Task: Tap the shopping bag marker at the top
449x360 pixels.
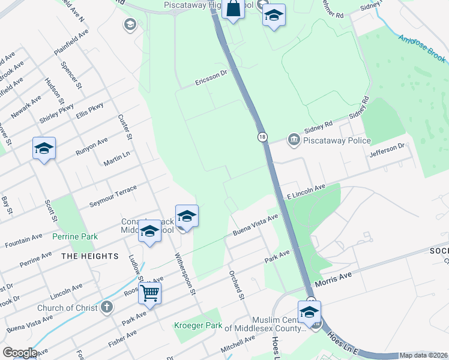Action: pyautogui.click(x=234, y=10)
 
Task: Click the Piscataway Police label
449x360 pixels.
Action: pyautogui.click(x=337, y=140)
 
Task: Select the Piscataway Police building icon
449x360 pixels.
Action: pyautogui.click(x=294, y=140)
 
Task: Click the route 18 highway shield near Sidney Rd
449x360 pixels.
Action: pyautogui.click(x=262, y=137)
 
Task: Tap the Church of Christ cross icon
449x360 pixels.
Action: pyautogui.click(x=106, y=308)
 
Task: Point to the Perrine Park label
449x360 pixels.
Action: pyautogui.click(x=75, y=237)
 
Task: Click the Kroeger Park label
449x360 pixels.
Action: pyautogui.click(x=194, y=325)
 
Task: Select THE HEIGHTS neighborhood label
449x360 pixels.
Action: pyautogui.click(x=90, y=256)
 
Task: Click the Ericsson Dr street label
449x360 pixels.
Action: pyautogui.click(x=211, y=79)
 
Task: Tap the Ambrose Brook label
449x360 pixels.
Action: pyautogui.click(x=423, y=48)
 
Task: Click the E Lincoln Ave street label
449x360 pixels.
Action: pyautogui.click(x=306, y=191)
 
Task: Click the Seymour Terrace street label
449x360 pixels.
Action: pyautogui.click(x=113, y=194)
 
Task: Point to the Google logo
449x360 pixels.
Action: pyautogui.click(x=20, y=353)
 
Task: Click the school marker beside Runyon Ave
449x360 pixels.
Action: pyautogui.click(x=44, y=148)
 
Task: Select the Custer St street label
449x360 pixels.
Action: pyautogui.click(x=125, y=128)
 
